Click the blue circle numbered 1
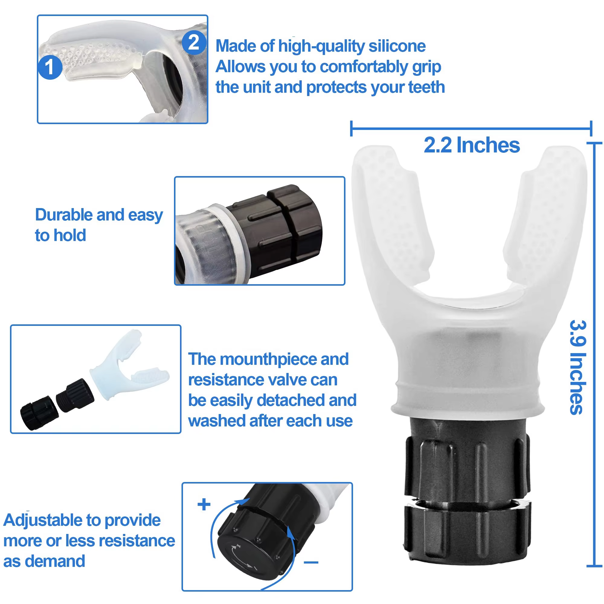tap(50, 67)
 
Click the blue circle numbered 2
tap(194, 42)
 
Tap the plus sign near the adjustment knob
tap(204, 504)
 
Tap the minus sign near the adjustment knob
tap(311, 562)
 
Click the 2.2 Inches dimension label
tap(471, 145)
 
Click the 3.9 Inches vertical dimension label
tap(577, 367)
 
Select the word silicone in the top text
tap(397, 46)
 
